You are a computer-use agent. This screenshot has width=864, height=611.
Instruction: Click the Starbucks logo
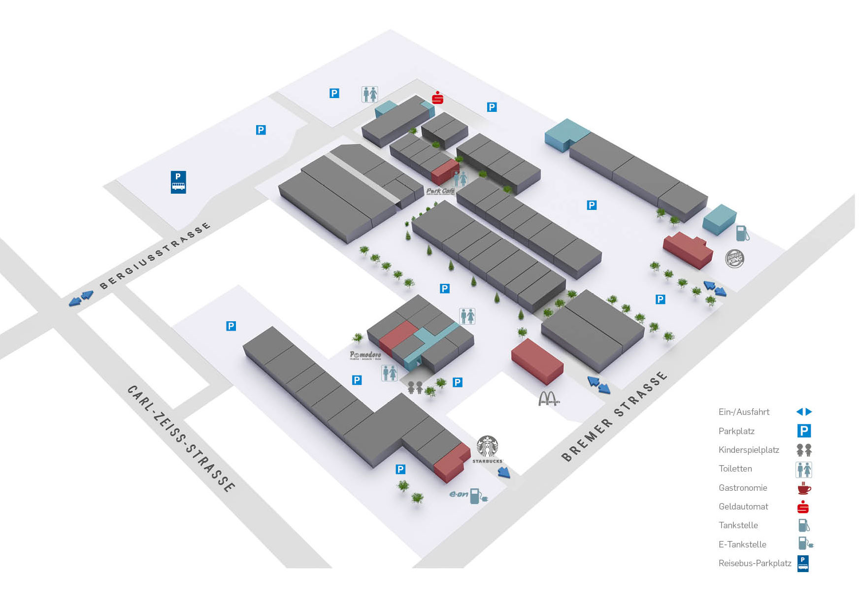(487, 448)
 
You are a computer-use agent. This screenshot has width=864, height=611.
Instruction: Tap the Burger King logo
(734, 259)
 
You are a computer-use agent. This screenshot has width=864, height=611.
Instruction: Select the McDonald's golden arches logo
(548, 399)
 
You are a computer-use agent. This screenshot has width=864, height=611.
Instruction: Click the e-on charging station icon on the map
(476, 495)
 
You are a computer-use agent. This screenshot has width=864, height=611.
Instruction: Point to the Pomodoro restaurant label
(366, 355)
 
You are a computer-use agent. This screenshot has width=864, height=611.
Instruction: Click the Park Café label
(440, 191)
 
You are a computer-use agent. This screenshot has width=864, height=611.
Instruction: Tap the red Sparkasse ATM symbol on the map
(437, 98)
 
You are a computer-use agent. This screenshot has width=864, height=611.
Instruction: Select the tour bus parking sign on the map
(178, 182)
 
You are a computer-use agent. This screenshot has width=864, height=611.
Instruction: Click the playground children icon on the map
(415, 387)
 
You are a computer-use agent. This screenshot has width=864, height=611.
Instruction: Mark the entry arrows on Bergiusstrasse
(81, 298)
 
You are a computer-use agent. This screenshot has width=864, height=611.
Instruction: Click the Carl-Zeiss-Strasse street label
(181, 438)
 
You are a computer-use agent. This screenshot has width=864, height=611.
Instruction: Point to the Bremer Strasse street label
(614, 417)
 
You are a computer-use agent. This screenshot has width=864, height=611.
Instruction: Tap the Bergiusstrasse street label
(155, 256)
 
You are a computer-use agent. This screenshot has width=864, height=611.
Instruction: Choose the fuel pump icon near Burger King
(742, 233)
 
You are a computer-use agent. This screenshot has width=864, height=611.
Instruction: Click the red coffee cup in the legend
(804, 488)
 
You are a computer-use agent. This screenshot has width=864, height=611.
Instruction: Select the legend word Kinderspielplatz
(749, 450)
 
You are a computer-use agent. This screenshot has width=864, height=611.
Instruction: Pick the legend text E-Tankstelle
(742, 544)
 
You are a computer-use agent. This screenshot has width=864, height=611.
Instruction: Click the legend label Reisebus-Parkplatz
(755, 563)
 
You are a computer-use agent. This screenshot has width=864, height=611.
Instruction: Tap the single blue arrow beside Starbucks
(503, 473)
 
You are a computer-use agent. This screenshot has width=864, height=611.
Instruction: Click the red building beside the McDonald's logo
(537, 362)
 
